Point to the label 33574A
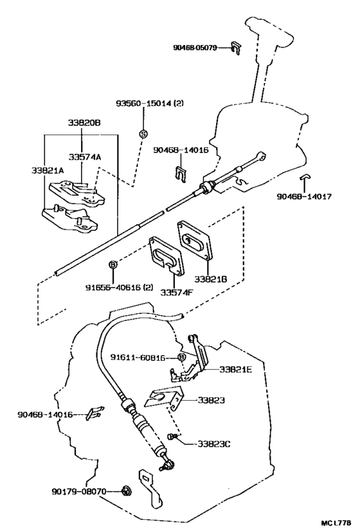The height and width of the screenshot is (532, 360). [81, 156]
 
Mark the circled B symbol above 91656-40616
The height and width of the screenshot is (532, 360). [113, 264]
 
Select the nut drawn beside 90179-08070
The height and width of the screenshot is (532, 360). [126, 491]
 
